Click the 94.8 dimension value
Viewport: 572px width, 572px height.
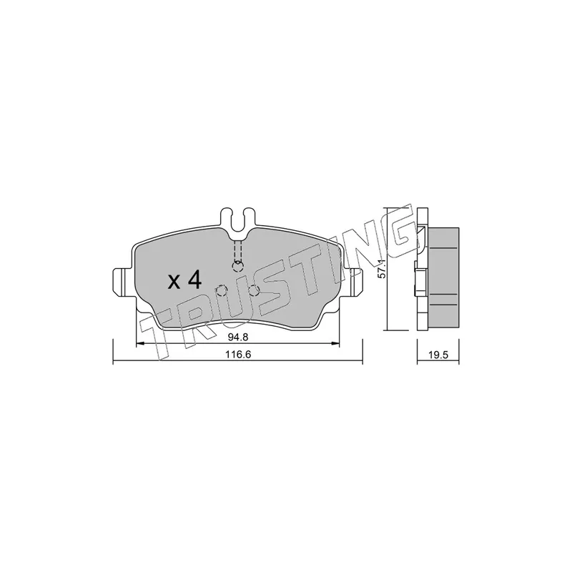[x=238, y=337]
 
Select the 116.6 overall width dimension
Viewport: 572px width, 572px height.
[x=239, y=354]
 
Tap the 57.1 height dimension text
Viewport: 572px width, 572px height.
[x=382, y=270]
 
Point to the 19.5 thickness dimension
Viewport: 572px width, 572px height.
[x=438, y=355]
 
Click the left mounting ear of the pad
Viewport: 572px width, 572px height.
[x=122, y=282]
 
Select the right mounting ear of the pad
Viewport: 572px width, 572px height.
[x=353, y=282]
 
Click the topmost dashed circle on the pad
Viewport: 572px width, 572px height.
[x=238, y=267]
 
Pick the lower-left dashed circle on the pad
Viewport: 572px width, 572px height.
[x=221, y=291]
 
